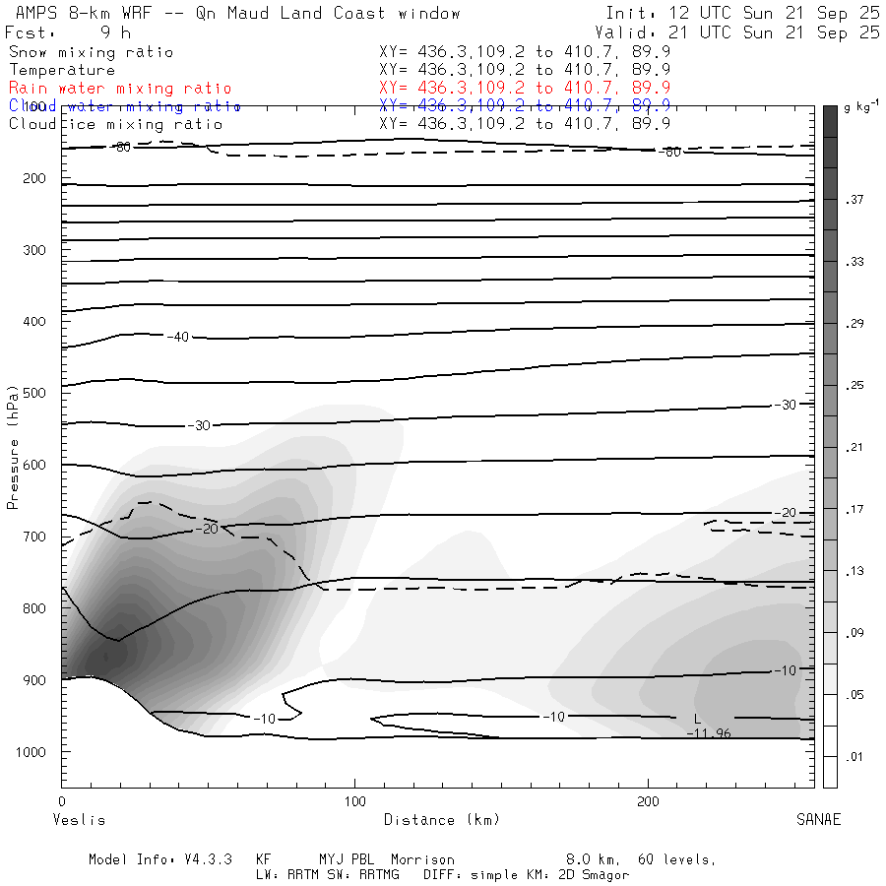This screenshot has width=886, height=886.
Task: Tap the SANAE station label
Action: pos(818,820)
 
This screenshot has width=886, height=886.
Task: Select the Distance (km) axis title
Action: pos(441,820)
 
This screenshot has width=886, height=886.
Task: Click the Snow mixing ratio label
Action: pos(91,52)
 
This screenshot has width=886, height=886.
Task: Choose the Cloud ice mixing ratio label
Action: pos(116,124)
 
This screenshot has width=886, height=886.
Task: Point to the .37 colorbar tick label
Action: pos(853,200)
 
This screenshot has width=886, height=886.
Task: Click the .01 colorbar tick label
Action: pos(853,756)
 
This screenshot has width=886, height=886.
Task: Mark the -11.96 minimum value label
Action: pos(709,733)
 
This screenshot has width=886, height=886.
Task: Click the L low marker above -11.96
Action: pos(697,720)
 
